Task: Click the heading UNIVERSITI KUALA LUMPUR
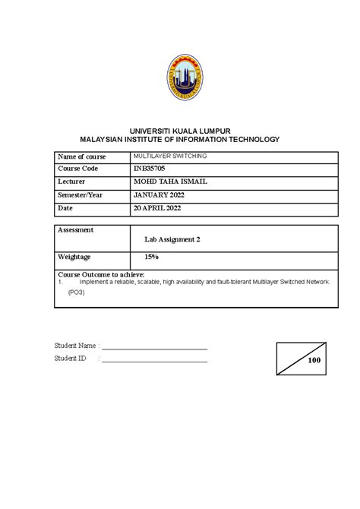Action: tap(180, 131)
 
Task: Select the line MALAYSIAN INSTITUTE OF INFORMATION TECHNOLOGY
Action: tap(180, 141)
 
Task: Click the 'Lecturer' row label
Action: tap(74, 182)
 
